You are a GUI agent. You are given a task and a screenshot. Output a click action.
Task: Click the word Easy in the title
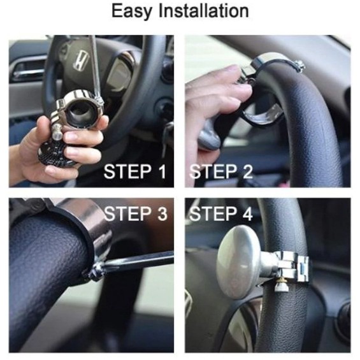click(131, 11)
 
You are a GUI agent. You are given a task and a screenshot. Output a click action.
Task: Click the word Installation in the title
click(204, 11)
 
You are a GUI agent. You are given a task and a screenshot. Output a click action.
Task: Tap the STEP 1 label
click(135, 171)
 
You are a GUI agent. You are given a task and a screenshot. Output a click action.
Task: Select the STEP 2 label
click(221, 171)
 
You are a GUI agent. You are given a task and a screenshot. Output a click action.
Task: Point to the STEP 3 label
click(136, 213)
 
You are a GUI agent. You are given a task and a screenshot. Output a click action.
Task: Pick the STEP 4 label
click(221, 213)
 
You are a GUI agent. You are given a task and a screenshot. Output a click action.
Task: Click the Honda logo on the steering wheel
click(80, 61)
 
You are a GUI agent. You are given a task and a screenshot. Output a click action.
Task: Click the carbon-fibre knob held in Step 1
click(55, 154)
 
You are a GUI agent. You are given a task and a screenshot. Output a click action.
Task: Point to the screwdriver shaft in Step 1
click(94, 66)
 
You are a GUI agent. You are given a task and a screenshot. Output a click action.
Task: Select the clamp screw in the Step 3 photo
click(94, 271)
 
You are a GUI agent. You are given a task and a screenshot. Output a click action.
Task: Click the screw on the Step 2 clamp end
click(299, 66)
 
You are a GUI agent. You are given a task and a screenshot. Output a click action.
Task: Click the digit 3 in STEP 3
click(162, 213)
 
